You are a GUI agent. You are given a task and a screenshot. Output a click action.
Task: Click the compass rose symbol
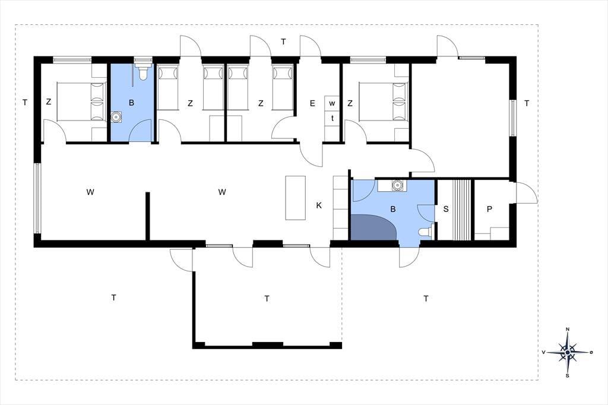click(568, 352)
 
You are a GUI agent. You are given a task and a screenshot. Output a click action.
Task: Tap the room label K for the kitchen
click(319, 205)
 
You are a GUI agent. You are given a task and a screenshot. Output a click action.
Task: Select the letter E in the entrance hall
click(312, 103)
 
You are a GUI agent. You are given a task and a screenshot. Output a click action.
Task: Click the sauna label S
click(445, 209)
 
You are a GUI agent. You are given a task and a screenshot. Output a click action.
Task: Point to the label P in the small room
click(489, 209)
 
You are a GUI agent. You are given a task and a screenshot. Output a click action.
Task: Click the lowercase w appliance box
click(332, 103)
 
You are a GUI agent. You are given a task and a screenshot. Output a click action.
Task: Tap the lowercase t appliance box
click(332, 118)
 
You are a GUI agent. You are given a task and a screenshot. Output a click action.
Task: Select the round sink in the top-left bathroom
click(116, 117)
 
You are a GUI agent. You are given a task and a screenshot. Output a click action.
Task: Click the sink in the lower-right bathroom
click(397, 185)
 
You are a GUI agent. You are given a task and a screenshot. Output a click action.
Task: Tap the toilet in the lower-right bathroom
click(426, 231)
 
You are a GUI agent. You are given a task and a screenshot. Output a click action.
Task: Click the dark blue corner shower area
click(372, 227)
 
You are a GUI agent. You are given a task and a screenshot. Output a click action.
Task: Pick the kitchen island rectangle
click(296, 198)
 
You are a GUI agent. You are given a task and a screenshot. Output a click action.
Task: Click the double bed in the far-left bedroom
click(81, 102)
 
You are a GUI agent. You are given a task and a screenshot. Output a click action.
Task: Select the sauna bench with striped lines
click(463, 210)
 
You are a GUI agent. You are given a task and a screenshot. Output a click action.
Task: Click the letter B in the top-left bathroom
click(131, 103)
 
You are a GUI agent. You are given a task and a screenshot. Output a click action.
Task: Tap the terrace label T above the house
click(283, 42)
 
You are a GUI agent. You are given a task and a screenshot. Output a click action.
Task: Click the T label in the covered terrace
click(267, 299)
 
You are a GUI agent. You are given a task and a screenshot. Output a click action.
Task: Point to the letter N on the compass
click(568, 330)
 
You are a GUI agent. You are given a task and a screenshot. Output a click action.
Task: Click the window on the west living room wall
click(37, 198)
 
